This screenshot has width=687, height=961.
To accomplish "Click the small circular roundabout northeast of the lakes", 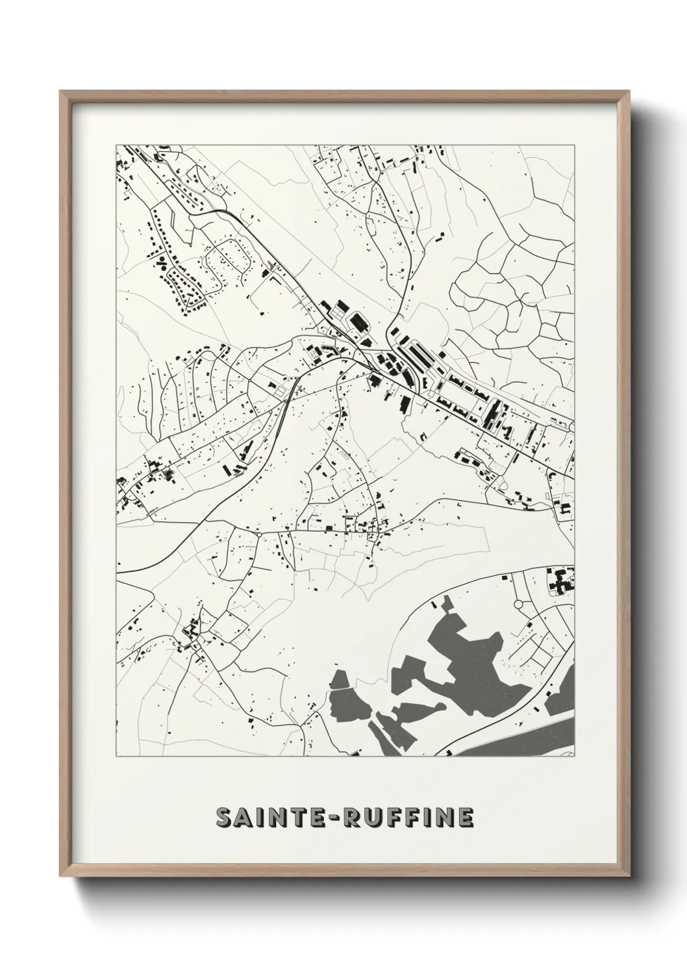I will tap(518, 605).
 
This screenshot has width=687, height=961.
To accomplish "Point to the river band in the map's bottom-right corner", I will tap(519, 740).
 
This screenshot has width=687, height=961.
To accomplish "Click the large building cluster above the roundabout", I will tap(558, 580).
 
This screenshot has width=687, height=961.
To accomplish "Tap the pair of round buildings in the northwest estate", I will tap(160, 262).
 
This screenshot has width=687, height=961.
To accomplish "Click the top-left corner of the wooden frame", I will tap(61, 92).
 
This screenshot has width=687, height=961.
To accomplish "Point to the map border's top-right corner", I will tap(575, 144).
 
